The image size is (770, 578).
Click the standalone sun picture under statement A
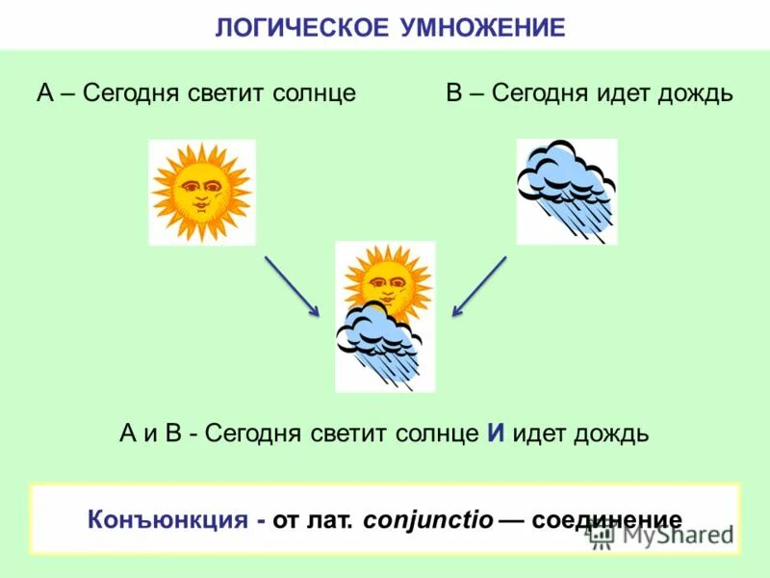click(x=202, y=192)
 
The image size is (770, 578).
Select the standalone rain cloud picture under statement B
click(x=566, y=191)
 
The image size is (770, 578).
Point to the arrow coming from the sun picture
click(x=292, y=286)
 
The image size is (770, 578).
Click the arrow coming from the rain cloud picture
click(x=479, y=286)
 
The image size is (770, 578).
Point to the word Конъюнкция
click(x=168, y=520)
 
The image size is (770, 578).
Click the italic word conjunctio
click(x=429, y=520)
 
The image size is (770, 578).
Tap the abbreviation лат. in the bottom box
click(x=332, y=520)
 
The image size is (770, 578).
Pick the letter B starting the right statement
click(x=455, y=93)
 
